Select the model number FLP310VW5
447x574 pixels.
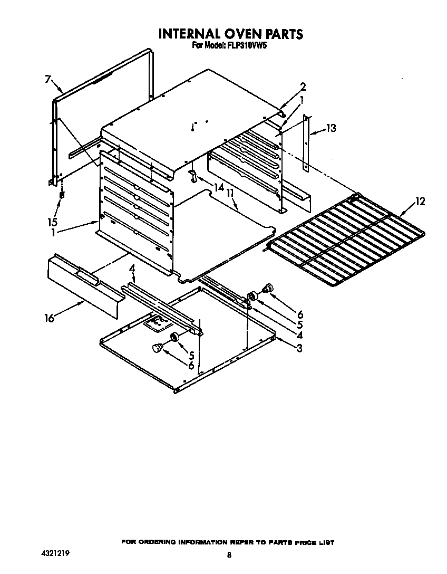(247, 46)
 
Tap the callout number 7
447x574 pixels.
(47, 80)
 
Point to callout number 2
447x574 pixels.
(303, 87)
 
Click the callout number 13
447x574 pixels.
(331, 128)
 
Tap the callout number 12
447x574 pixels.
(420, 201)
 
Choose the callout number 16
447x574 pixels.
(50, 318)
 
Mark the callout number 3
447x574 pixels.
(299, 348)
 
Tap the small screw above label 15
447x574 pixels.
(62, 195)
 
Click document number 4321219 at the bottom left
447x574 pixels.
(55, 554)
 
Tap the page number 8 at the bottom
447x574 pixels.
(229, 555)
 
